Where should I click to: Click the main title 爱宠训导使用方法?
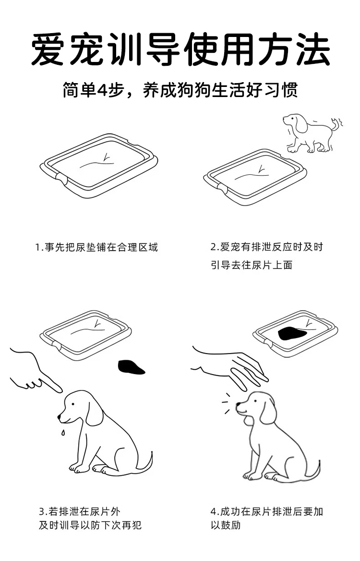(180, 49)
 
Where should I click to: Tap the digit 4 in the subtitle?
(104, 90)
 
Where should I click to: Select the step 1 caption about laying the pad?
(96, 247)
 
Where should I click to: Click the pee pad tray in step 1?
(99, 165)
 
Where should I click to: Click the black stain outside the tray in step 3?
(131, 367)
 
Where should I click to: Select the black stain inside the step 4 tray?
(292, 333)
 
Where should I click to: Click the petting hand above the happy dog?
(230, 368)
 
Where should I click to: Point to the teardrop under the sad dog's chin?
(63, 433)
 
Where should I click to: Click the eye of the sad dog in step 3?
(72, 404)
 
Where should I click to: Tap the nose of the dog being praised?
(238, 405)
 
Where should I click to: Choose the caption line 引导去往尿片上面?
(252, 265)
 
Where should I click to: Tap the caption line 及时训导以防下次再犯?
(90, 525)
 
